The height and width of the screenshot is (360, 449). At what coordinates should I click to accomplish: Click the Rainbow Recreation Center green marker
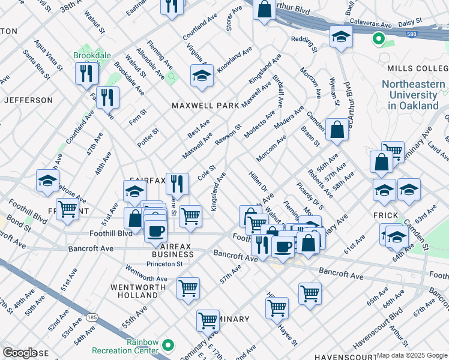click(x=169, y=346)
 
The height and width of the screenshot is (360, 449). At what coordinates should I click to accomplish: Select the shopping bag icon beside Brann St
click(x=337, y=129)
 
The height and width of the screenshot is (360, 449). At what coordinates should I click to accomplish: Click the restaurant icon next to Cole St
click(x=177, y=182)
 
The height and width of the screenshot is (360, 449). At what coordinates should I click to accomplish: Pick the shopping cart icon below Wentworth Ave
click(x=188, y=289)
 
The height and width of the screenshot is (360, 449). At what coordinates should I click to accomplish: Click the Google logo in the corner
click(x=20, y=353)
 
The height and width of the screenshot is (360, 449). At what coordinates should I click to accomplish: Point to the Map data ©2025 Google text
click(x=412, y=355)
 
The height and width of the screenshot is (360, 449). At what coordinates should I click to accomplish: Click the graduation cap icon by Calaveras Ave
click(x=341, y=37)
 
